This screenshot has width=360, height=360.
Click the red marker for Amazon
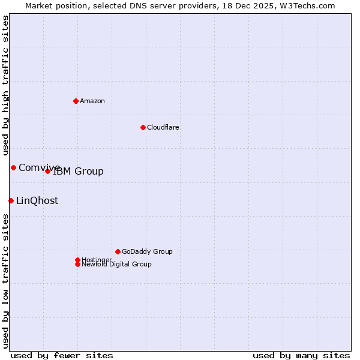tap(76, 101)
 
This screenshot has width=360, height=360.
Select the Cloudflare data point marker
tap(143, 127)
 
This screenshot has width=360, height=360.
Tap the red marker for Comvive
tap(13, 167)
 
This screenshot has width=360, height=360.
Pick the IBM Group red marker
tap(48, 171)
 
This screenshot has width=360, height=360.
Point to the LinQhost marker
tap(11, 200)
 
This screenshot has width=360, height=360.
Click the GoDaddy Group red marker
tap(118, 251)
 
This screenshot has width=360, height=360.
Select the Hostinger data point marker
tap(77, 260)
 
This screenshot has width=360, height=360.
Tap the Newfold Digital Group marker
tap(77, 264)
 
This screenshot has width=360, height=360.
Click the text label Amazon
tap(92, 101)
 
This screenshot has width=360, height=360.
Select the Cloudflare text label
tap(163, 127)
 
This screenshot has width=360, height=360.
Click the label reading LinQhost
tap(37, 201)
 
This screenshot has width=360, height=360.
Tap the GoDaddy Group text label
tap(147, 251)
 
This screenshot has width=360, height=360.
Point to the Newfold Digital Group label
tap(117, 264)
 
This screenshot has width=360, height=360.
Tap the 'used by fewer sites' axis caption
tap(62, 355)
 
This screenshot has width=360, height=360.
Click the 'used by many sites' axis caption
tap(301, 355)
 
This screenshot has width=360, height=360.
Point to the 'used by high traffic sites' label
tap(5, 86)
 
